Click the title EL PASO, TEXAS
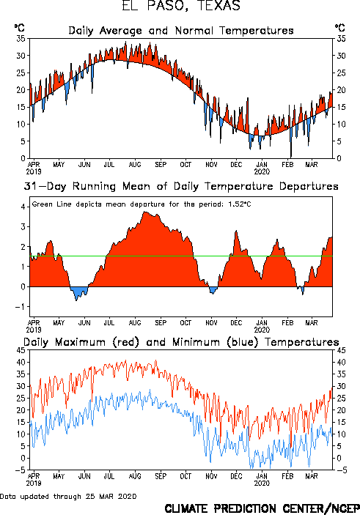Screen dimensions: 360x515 181,6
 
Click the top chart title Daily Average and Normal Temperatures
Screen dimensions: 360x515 181,31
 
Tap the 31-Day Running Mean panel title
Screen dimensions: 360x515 181,186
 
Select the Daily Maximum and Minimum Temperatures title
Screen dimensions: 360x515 181,342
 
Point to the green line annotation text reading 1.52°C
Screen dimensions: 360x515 240,204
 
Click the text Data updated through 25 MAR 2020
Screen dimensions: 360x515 68,496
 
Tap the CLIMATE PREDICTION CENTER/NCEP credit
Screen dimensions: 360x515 262,508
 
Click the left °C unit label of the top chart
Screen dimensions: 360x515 19,28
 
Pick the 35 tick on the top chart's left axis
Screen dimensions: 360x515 21,39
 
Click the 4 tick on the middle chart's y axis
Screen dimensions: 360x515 23,207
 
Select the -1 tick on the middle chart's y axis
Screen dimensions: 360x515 21,307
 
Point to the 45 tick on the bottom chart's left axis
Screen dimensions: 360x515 21,350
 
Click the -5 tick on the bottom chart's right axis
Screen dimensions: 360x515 341,470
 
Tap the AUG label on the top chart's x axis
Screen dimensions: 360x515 135,165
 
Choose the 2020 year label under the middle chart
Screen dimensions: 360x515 262,330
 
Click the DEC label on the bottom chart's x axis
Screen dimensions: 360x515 236,476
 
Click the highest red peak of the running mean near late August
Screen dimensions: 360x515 145,212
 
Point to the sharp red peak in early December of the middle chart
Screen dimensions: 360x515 236,231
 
